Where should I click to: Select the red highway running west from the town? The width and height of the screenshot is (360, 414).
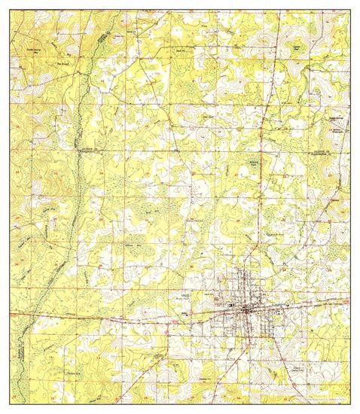[x=113, y=316]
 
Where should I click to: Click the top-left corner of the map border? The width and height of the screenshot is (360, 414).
[x=10, y=15]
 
